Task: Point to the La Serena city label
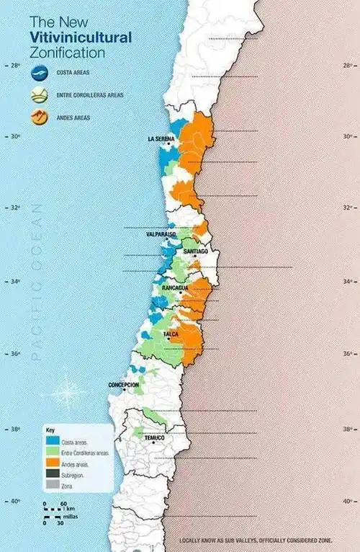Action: click(161, 138)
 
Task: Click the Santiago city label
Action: click(196, 251)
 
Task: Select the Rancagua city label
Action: click(175, 288)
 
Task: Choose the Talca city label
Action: click(171, 335)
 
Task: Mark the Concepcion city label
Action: click(124, 385)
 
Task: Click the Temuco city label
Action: click(154, 438)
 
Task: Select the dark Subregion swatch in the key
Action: click(52, 475)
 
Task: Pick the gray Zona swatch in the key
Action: click(52, 486)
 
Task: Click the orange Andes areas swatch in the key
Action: click(52, 463)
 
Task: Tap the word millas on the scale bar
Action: click(69, 517)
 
